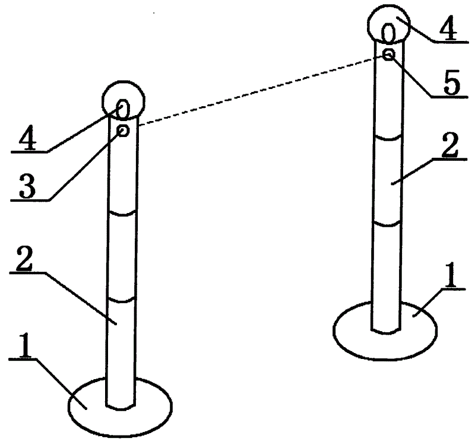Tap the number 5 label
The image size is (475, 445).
click(452, 82)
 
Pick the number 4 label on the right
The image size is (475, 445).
click(449, 28)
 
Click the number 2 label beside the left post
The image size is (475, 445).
click(24, 259)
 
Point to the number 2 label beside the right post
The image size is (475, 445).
click(450, 145)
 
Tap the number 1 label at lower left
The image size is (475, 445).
click(24, 345)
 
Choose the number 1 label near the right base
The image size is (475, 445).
click(451, 275)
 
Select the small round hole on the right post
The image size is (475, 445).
click(388, 55)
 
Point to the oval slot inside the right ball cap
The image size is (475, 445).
click(388, 33)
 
